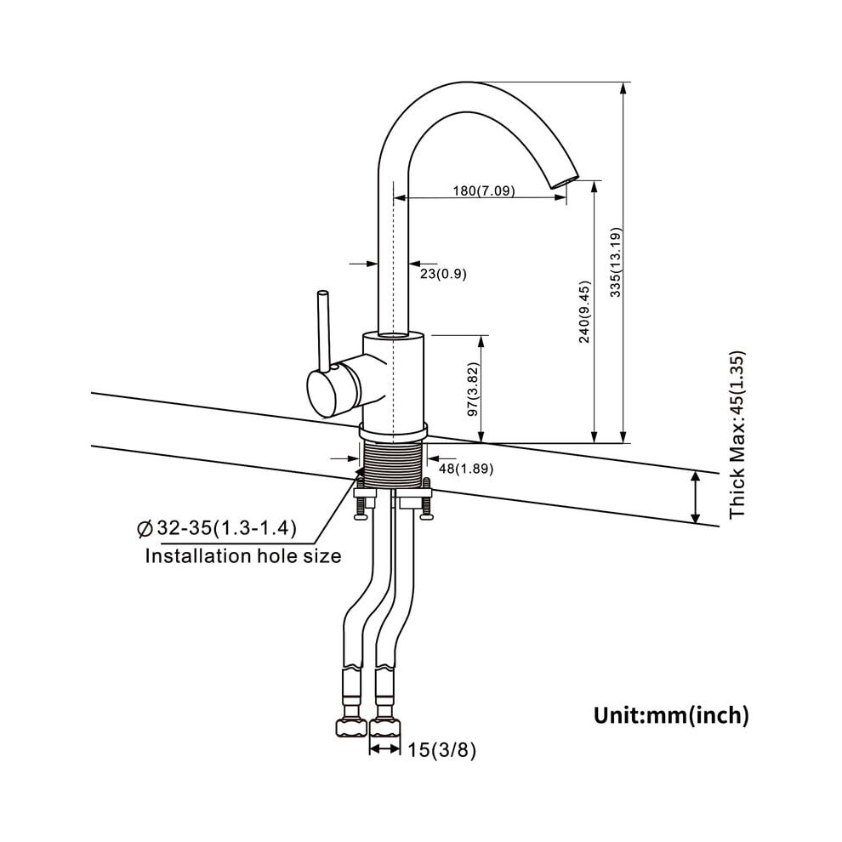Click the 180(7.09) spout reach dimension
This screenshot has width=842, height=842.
tap(484, 191)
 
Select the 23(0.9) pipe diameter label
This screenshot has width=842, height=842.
tap(443, 274)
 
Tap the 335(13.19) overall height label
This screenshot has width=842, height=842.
tap(616, 262)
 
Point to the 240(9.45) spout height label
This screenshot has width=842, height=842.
tap(585, 311)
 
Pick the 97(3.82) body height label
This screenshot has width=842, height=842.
tap(473, 390)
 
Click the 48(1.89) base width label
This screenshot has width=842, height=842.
tap(466, 469)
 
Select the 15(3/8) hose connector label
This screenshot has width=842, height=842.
tap(441, 750)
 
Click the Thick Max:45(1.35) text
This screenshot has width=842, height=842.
tap(738, 435)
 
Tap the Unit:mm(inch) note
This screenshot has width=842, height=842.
tap(671, 715)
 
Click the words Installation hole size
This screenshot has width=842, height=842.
tap(242, 555)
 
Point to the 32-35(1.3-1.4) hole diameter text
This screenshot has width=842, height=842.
tap(226, 528)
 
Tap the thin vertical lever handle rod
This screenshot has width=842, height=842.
tap(323, 331)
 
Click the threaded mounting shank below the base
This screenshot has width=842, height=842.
tap(394, 465)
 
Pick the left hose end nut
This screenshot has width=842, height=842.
tap(351, 728)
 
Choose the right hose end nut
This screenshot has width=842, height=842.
tap(385, 728)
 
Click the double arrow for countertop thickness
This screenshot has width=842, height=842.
tap(696, 498)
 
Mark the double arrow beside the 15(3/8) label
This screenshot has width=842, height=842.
tap(384, 749)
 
